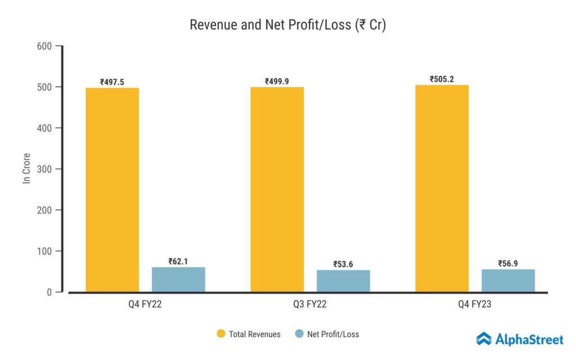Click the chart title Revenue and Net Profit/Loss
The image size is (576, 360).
coord(287,25)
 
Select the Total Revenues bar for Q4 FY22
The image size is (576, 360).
coord(112,190)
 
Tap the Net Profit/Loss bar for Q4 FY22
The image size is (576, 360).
coord(178,280)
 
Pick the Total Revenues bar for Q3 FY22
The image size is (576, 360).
coord(277,190)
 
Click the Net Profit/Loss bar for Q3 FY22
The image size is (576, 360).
coord(343,281)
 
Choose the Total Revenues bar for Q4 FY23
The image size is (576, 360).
coord(442,188)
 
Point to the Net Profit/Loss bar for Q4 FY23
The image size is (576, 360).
coord(508,281)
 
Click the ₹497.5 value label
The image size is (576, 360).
coord(112,82)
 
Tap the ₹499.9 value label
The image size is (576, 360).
coord(277,82)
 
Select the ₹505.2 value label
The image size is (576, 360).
coord(442,79)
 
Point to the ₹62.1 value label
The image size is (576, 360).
coord(178,262)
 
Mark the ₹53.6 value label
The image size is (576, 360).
coord(343,264)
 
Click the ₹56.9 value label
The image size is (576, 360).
coord(508,263)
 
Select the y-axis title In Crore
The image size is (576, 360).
coord(26,169)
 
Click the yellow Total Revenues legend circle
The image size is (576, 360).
coord(221,334)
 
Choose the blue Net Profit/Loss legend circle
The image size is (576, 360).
coord(299,334)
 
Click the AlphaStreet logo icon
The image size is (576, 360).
coord(484,338)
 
